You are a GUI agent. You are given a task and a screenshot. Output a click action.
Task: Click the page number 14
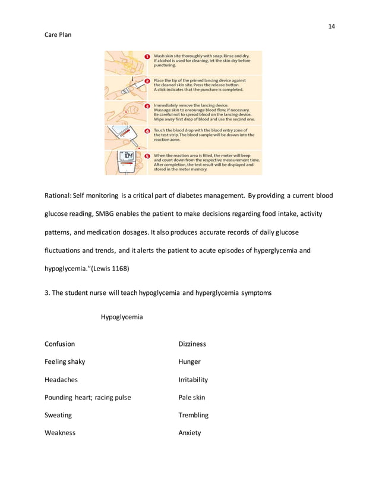[x=331, y=26]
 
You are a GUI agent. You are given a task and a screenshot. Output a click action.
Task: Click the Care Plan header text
[x=59, y=36]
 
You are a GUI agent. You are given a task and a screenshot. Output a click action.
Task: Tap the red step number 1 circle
[x=147, y=57]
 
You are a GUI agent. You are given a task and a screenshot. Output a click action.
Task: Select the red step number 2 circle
[x=147, y=80]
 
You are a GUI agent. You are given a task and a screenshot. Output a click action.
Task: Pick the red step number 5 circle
[x=147, y=156]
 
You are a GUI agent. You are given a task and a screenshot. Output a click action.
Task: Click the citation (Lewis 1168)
[x=112, y=268]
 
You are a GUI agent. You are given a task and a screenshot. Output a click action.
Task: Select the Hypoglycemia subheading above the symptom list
[x=122, y=317]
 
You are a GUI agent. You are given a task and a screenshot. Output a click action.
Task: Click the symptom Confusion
[x=60, y=344]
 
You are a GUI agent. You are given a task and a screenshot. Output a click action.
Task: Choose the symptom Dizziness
[x=192, y=344]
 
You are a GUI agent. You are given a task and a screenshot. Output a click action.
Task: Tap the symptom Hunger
[x=190, y=361]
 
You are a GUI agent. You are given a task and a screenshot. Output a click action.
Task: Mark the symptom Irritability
[x=193, y=379]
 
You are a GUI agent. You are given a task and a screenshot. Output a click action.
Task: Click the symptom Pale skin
[x=192, y=397]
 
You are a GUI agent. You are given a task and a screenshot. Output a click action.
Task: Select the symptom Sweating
[x=58, y=415]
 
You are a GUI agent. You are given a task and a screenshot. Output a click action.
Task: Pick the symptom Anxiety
[x=190, y=433]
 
